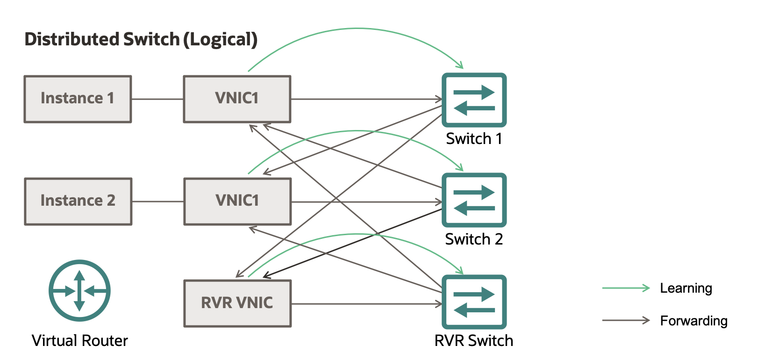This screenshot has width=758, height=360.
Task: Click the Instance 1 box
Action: (78, 99)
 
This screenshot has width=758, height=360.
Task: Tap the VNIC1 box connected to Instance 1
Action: (237, 99)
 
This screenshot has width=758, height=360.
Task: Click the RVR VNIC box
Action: (237, 303)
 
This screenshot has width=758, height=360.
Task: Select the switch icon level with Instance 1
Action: (474, 100)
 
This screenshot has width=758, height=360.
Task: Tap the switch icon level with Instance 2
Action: (474, 200)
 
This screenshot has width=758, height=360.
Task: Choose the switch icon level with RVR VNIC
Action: (474, 302)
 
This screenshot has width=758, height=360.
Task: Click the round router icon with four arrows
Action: (79, 291)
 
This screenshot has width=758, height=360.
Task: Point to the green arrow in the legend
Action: (626, 288)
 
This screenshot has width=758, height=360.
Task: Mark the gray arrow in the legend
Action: (626, 320)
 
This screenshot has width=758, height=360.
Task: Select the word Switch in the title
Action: (151, 39)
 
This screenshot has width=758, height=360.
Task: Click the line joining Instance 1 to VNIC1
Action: (157, 99)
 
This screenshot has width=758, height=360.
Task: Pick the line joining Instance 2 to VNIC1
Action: (158, 202)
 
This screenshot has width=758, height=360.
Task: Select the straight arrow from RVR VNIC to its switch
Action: (365, 304)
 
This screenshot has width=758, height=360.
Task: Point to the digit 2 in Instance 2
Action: (111, 201)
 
